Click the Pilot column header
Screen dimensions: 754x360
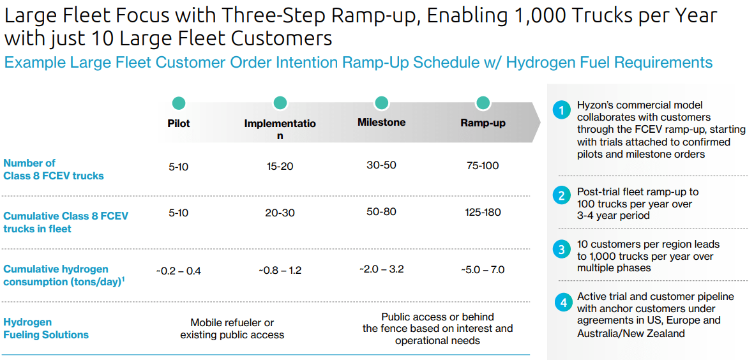click(x=178, y=123)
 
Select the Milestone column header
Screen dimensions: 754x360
click(x=381, y=123)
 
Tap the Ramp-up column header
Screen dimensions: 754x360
click(x=483, y=123)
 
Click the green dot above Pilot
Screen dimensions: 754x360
click(x=178, y=103)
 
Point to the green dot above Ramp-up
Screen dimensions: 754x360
click(x=483, y=103)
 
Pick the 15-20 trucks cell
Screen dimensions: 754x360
click(x=280, y=167)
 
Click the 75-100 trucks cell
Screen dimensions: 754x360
click(x=483, y=166)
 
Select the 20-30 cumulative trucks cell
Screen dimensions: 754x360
click(x=280, y=213)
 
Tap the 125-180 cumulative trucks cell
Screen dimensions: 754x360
click(x=483, y=213)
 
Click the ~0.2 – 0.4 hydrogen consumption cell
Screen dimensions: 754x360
click(x=178, y=271)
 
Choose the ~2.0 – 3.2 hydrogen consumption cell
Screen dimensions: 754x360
click(x=381, y=269)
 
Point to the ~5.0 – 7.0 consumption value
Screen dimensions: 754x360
click(x=482, y=269)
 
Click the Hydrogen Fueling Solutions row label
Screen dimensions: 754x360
click(x=46, y=328)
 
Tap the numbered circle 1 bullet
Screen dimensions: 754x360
click(x=560, y=111)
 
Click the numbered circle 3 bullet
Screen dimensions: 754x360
click(x=560, y=250)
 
